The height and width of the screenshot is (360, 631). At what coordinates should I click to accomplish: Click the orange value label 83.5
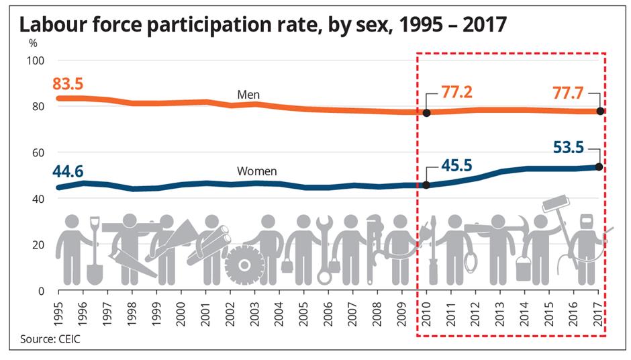[68, 84]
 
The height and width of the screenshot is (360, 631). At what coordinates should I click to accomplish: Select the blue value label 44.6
[68, 171]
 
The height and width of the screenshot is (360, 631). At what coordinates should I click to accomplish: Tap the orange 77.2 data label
[456, 92]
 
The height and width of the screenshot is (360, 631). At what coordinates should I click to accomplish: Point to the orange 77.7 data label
[568, 93]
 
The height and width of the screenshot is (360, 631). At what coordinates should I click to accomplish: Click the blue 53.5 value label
[568, 147]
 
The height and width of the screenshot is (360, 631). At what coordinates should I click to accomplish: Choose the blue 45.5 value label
[456, 165]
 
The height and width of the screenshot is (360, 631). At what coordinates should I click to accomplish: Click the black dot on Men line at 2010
[426, 113]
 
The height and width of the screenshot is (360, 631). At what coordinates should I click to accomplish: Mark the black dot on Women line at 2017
[599, 167]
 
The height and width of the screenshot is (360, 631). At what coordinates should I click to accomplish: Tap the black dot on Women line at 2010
[426, 185]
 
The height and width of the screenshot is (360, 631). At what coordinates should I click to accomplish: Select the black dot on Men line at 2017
[600, 111]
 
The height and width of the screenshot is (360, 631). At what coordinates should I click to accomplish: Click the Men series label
[248, 95]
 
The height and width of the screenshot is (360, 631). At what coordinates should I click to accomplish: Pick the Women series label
[256, 171]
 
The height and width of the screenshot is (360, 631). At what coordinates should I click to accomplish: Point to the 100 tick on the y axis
[36, 61]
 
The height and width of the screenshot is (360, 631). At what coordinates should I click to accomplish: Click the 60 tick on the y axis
[38, 153]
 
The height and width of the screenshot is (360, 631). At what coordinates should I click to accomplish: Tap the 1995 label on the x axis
[59, 314]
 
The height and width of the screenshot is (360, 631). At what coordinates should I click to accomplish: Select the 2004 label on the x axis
[279, 314]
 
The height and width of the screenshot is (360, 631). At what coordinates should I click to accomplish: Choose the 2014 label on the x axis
[525, 314]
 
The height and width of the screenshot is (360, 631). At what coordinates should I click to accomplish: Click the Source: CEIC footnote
[50, 339]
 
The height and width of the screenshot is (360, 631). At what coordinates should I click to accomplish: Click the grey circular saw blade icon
[244, 265]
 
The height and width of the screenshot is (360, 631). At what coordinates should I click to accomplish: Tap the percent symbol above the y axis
[33, 43]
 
